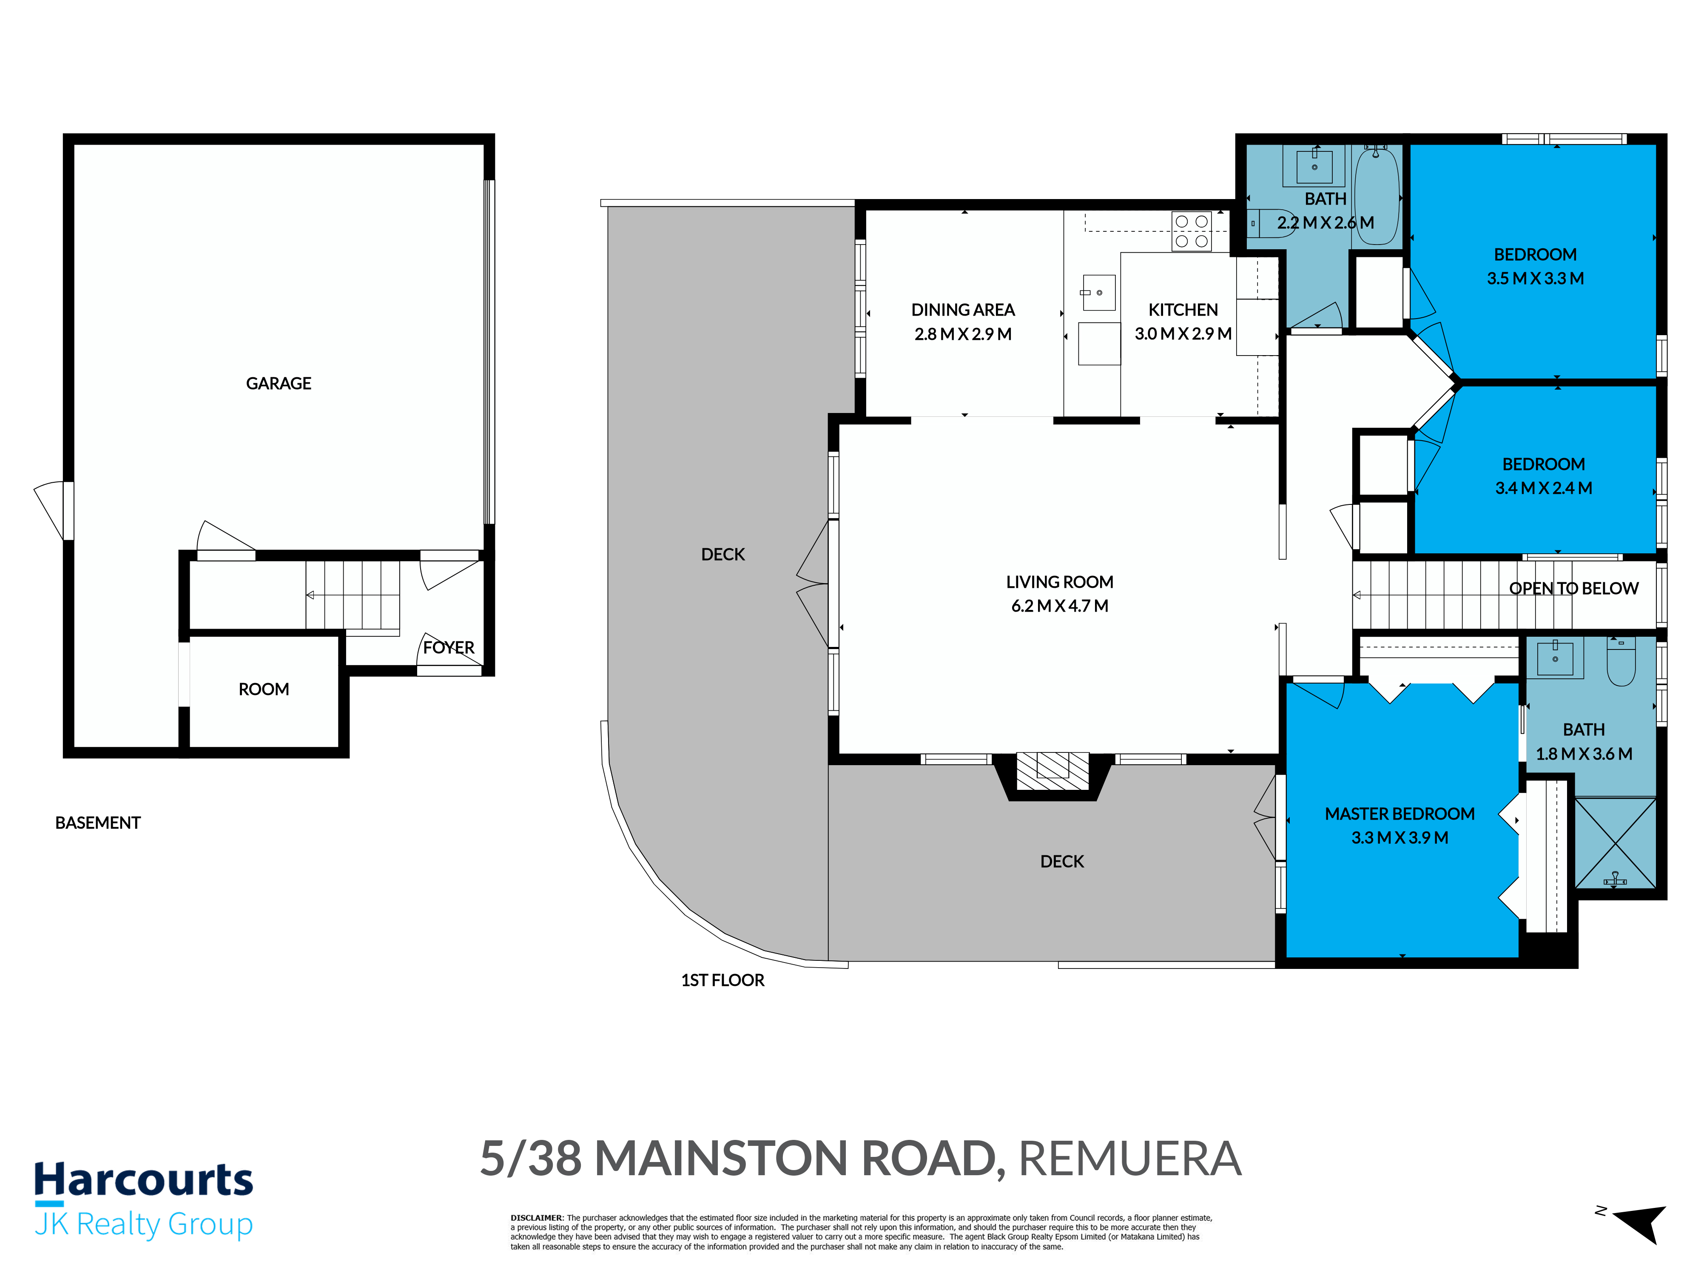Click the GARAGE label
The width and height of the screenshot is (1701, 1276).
pyautogui.click(x=279, y=383)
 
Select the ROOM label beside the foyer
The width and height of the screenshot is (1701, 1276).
pyautogui.click(x=264, y=689)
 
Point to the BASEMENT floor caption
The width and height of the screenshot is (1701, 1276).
pyautogui.click(x=98, y=823)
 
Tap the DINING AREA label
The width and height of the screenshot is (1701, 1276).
pyautogui.click(x=963, y=310)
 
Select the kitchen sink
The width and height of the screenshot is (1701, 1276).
pyautogui.click(x=1099, y=292)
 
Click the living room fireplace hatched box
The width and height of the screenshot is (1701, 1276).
pyautogui.click(x=1053, y=771)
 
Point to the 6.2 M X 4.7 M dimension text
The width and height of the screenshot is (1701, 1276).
pyautogui.click(x=1060, y=606)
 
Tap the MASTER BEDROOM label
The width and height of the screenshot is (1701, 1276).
pyautogui.click(x=1399, y=814)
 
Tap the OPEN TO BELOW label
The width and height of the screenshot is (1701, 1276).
pyautogui.click(x=1573, y=588)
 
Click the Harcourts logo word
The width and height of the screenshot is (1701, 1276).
pyautogui.click(x=144, y=1180)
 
